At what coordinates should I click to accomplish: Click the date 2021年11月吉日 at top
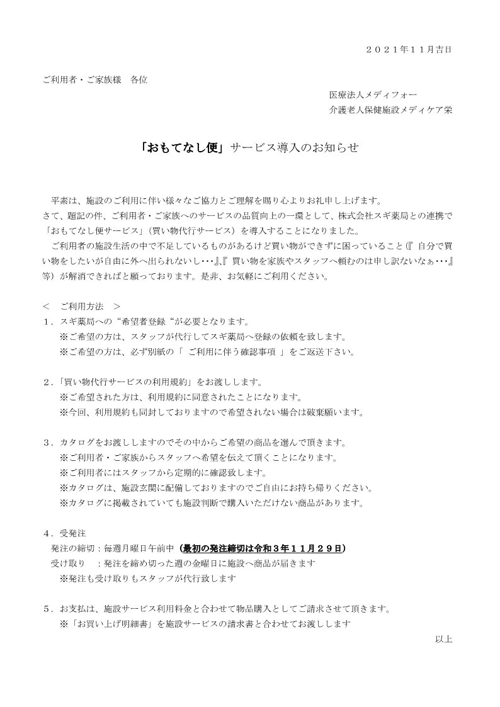[x=408, y=48]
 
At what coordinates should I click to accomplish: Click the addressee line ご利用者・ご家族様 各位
[x=95, y=80]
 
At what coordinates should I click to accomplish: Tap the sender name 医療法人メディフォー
[x=373, y=95]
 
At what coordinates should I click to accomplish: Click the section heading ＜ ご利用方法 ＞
[x=82, y=307]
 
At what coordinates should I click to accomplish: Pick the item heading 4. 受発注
[x=66, y=533]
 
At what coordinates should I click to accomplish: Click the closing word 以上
[x=443, y=638]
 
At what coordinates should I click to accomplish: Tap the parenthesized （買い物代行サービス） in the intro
[x=190, y=231]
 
